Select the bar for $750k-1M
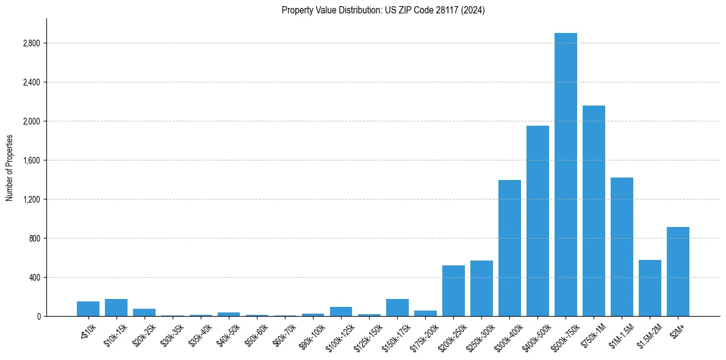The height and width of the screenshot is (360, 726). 594,211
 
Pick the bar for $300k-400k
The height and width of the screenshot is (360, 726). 509,248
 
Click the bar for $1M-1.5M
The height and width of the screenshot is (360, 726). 622,247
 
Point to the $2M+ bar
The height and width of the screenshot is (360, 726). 678,272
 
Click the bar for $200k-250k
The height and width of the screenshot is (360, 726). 453,290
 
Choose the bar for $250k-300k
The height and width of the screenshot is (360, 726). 481,288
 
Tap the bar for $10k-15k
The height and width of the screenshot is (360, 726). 116,308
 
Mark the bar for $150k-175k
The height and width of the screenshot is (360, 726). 397,308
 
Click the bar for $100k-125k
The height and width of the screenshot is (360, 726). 341,311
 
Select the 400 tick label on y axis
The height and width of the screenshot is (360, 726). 34,278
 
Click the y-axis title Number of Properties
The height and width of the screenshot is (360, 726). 9,168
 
